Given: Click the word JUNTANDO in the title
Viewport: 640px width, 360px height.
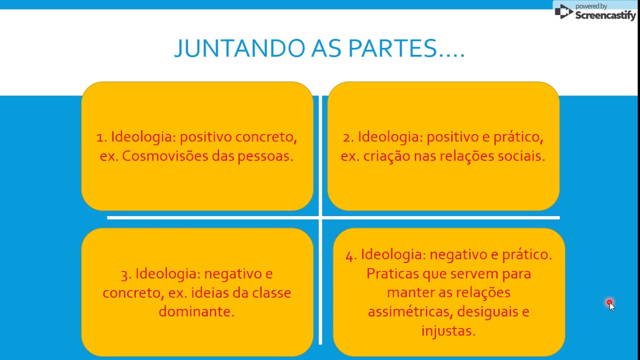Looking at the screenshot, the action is [239, 48].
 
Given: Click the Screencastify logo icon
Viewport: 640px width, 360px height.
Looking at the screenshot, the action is [563, 11].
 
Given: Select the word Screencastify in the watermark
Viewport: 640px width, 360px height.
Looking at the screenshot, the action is [605, 15].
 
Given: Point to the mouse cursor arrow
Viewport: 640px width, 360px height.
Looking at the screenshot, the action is [611, 306].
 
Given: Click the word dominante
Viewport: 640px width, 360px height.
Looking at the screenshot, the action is [196, 311].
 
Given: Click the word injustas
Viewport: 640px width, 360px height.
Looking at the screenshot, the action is [448, 331].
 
